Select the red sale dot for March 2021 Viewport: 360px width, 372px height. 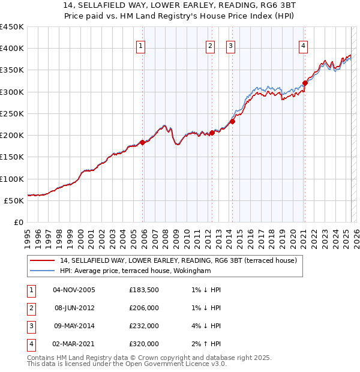pyautogui.click(x=305, y=83)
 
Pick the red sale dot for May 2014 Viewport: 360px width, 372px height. pyautogui.click(x=232, y=121)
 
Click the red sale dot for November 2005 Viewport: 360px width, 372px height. pyautogui.click(x=143, y=142)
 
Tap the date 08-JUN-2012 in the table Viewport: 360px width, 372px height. pyautogui.click(x=74, y=308)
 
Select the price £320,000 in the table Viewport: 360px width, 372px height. pyautogui.click(x=144, y=344)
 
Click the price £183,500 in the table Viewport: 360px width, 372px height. pyautogui.click(x=144, y=290)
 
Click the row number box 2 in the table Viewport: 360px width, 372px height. pyautogui.click(x=31, y=308)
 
